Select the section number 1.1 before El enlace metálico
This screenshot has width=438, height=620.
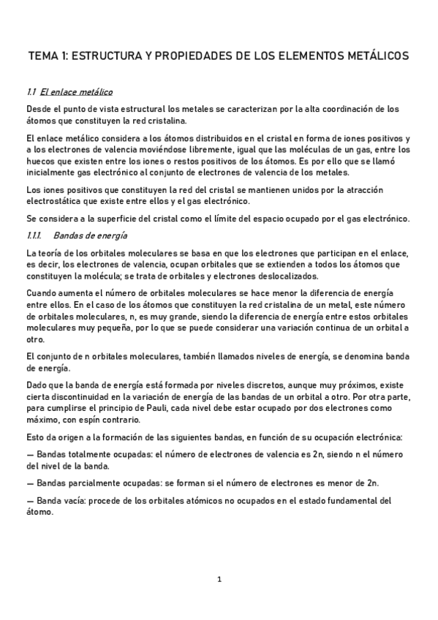coord(31,92)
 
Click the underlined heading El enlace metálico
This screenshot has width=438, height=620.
coord(77,92)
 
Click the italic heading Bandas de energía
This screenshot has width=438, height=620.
coord(96,235)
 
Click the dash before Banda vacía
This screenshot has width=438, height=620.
coord(29,501)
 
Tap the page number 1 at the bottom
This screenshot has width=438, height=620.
coord(219,580)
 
